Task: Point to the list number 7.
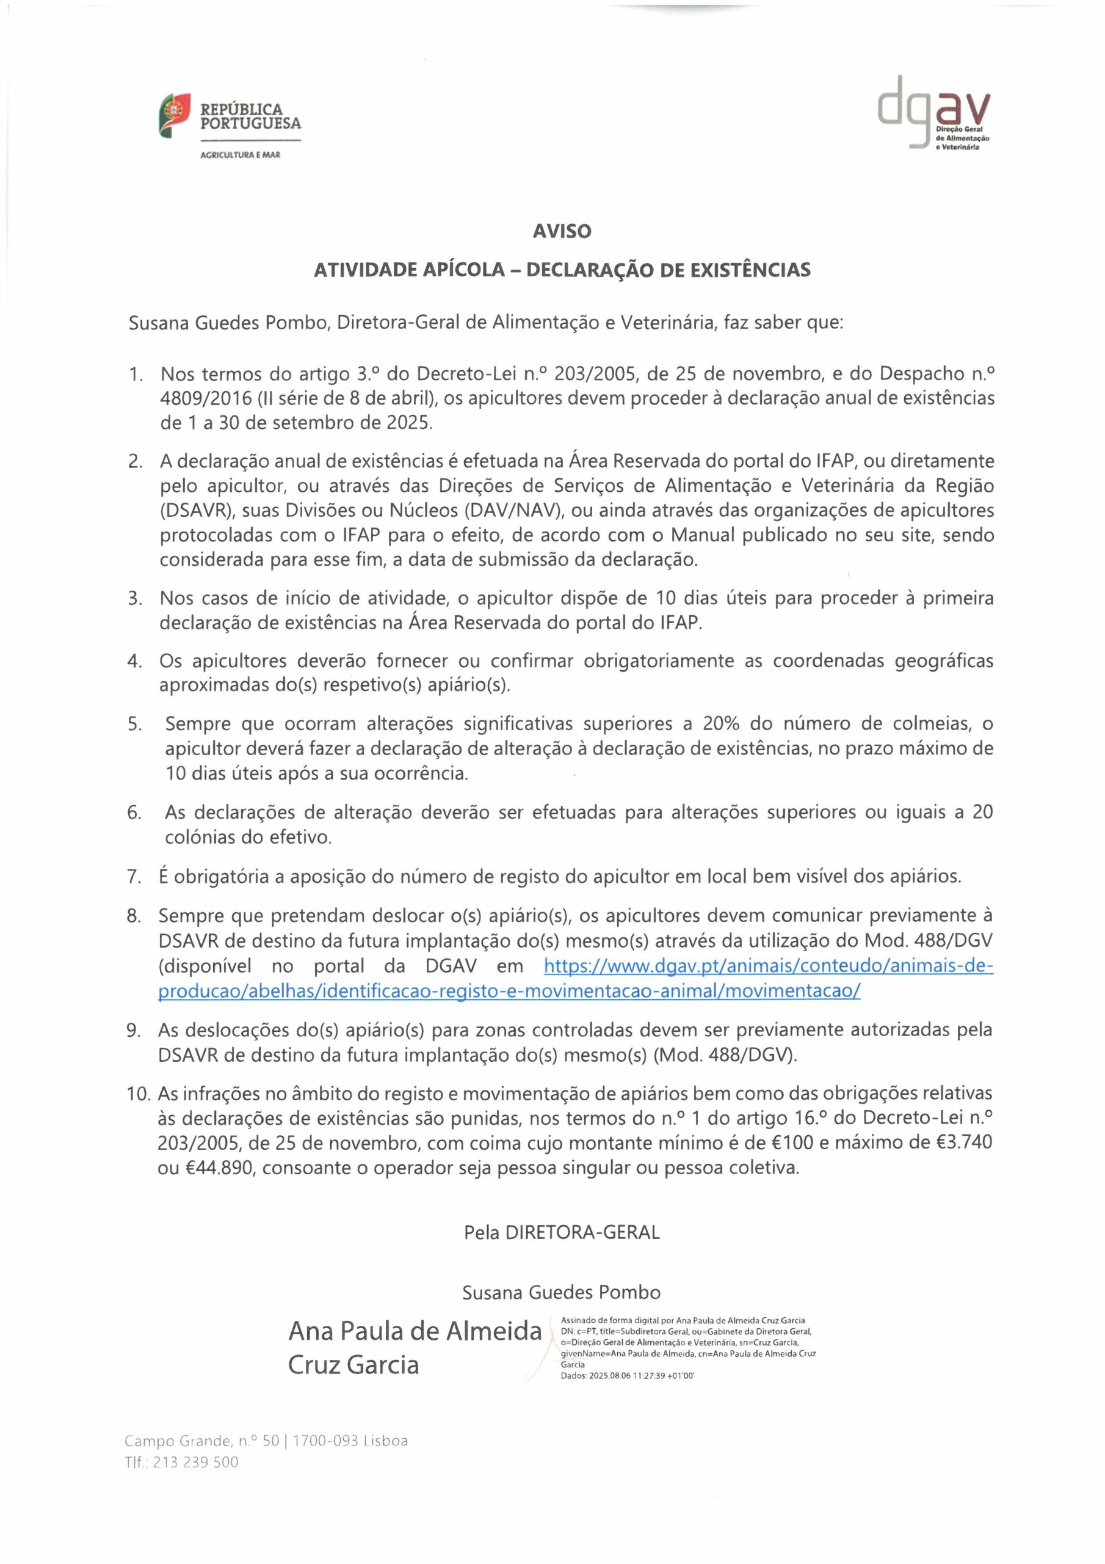coord(134,876)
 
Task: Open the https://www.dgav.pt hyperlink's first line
coord(769,966)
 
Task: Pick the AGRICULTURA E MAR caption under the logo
coord(240,155)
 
